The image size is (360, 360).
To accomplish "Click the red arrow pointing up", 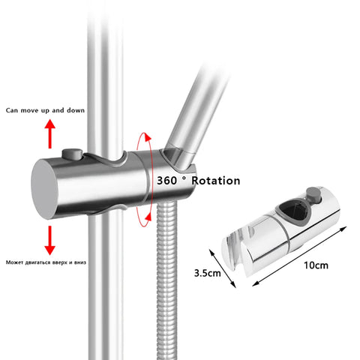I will [x=50, y=134].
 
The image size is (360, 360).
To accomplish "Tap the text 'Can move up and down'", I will [x=45, y=110].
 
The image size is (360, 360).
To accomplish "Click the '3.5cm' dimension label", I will [x=208, y=274].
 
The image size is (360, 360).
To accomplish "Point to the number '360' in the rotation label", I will [x=171, y=181].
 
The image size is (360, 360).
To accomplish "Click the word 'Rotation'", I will [x=214, y=181].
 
